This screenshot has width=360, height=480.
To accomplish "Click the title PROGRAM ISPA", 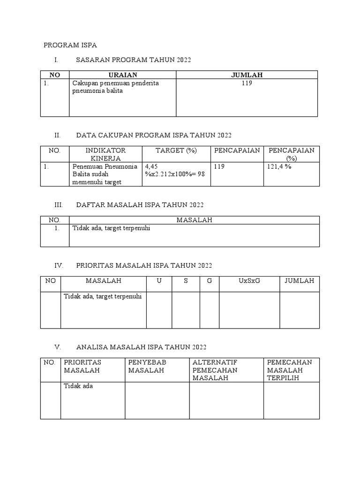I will (x=70, y=45).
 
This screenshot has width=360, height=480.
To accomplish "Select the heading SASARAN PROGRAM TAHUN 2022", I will (x=134, y=60).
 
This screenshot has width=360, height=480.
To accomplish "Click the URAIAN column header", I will (x=123, y=75).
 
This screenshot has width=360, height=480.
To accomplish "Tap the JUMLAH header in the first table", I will (x=247, y=75).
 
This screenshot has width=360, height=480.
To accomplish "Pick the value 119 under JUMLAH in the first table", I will (x=247, y=83).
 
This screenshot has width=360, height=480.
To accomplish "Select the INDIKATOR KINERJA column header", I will (x=105, y=154).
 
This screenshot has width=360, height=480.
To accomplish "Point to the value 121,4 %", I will (x=279, y=166).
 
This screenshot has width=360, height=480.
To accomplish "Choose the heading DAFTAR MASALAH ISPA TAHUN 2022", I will (x=140, y=205).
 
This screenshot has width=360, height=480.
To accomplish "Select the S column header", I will (x=186, y=281).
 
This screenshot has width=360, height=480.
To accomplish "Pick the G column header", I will (x=209, y=281).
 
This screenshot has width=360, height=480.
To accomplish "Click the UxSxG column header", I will (x=249, y=281).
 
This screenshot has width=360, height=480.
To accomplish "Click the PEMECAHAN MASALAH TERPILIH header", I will (x=289, y=370).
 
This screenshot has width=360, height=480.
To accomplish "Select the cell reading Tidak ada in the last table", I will (x=78, y=386).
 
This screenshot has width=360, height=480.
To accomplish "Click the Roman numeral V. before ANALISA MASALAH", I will (x=58, y=347).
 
